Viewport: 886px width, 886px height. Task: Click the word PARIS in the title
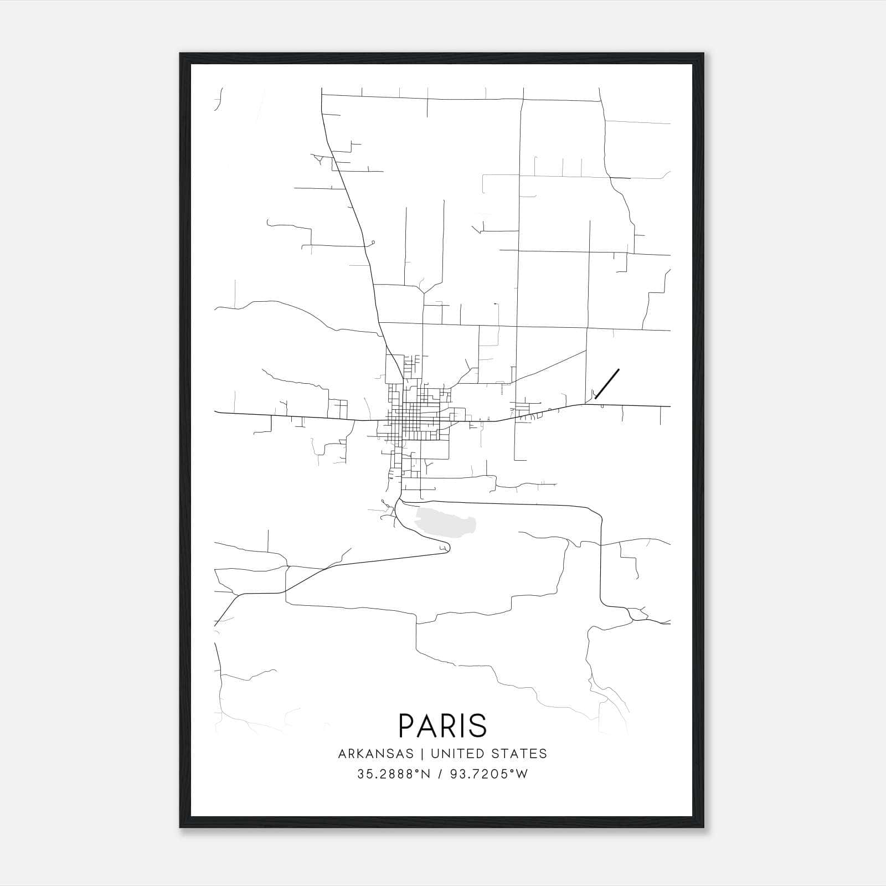coord(442,725)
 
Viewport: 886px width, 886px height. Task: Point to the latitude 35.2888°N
coord(394,774)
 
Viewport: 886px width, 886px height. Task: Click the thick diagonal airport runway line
coord(607,383)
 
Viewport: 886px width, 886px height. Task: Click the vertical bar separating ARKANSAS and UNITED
coord(422,754)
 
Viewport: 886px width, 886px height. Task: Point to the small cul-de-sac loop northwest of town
coord(374,242)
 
